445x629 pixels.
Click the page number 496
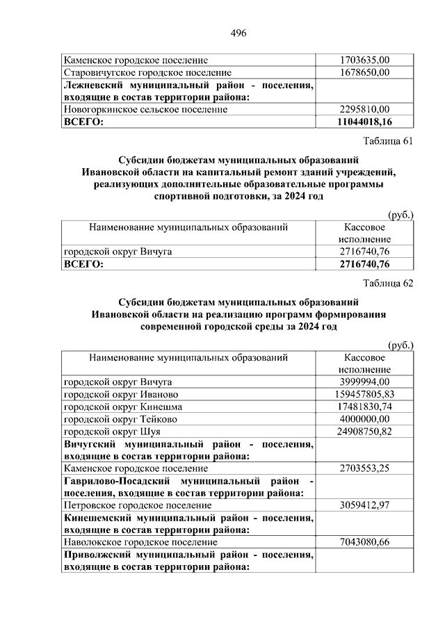(238, 33)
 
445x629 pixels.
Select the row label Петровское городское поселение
(138, 505)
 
